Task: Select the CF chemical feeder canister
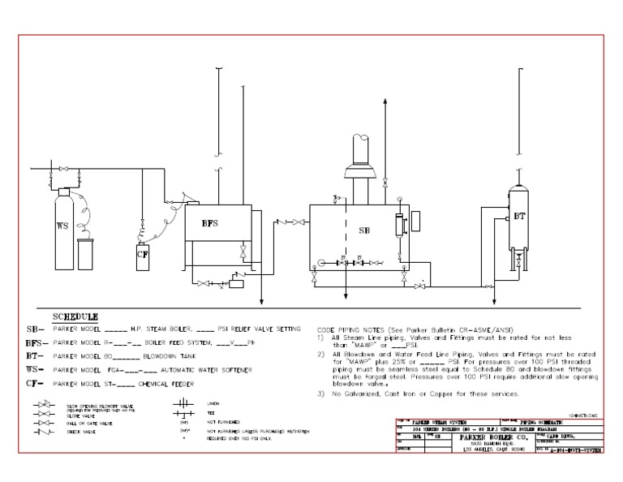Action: tap(142, 255)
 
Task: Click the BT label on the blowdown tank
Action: tap(518, 217)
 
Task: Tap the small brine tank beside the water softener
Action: tap(86, 253)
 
